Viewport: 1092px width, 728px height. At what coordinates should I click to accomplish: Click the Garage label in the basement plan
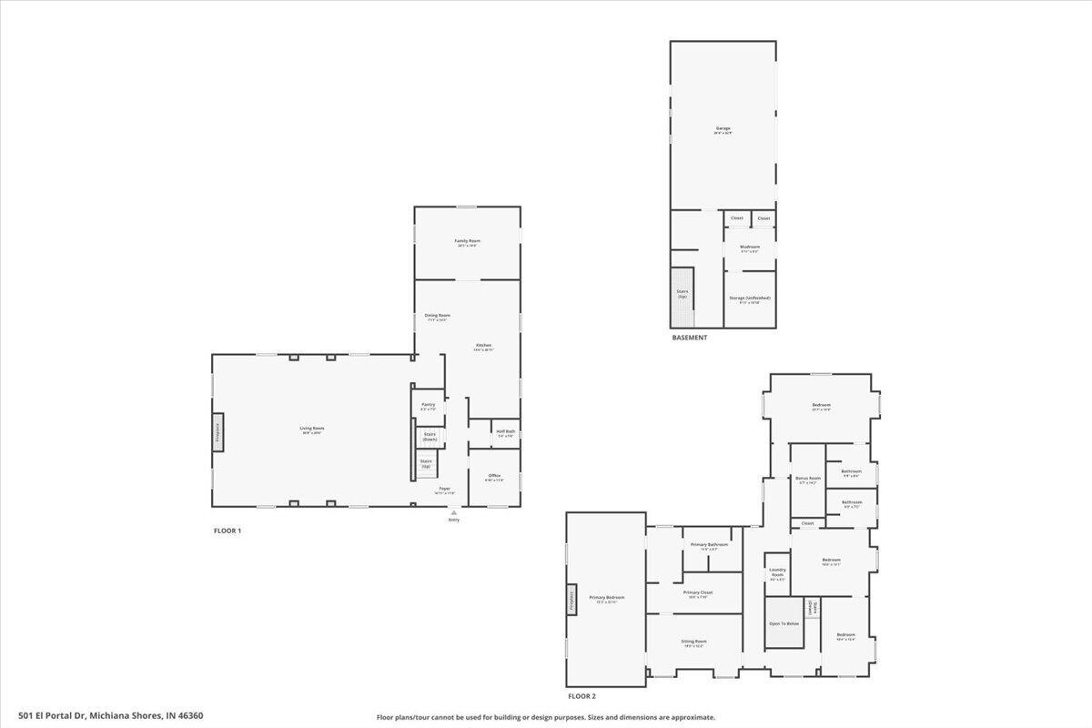coord(723,130)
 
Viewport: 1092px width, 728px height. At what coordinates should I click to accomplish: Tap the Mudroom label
coord(750,248)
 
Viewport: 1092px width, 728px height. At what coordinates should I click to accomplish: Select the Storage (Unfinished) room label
coord(750,299)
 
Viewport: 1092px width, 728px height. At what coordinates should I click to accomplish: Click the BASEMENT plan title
coord(689,338)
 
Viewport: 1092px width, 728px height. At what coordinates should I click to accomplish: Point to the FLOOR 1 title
coord(227,531)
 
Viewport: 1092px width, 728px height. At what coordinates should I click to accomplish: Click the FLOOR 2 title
coord(581,696)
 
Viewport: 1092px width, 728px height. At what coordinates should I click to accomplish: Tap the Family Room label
coord(468,242)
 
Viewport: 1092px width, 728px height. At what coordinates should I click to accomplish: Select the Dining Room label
coord(438,317)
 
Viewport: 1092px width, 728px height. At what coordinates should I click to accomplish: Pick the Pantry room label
coord(428,406)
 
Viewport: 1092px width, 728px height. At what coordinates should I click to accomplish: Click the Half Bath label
coord(505,433)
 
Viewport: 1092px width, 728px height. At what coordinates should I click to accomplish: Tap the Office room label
coord(494,477)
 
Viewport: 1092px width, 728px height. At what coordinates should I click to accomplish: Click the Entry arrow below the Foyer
coord(453,513)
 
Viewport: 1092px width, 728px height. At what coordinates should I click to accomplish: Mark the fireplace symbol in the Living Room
coord(217,431)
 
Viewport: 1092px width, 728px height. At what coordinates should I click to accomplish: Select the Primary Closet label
coord(698,593)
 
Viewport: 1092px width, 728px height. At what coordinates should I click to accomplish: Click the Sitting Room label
coord(694,642)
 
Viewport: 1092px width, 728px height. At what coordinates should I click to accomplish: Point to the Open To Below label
coord(784,623)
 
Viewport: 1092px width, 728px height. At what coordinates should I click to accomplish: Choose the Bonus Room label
coord(808,480)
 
